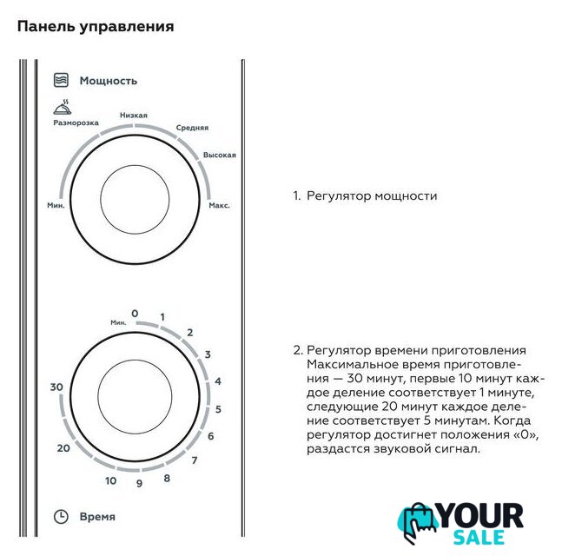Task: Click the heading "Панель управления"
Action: click(96, 27)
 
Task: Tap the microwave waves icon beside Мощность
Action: click(61, 80)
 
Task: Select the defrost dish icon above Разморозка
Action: click(63, 108)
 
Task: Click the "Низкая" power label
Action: click(133, 115)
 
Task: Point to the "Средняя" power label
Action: click(192, 128)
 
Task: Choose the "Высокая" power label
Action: click(220, 155)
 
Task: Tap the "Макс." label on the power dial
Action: click(219, 205)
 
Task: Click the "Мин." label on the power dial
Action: click(56, 205)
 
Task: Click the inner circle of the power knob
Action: click(135, 200)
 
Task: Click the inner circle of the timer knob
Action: click(135, 397)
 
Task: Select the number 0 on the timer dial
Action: click(135, 314)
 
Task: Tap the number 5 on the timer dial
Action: click(218, 409)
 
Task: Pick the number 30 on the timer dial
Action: click(56, 387)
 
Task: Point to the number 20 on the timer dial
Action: click(63, 448)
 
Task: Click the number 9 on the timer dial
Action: click(140, 483)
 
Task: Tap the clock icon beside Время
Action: click(61, 517)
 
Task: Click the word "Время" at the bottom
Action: click(97, 517)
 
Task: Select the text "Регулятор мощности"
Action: click(372, 196)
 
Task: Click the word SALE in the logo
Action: click(479, 537)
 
